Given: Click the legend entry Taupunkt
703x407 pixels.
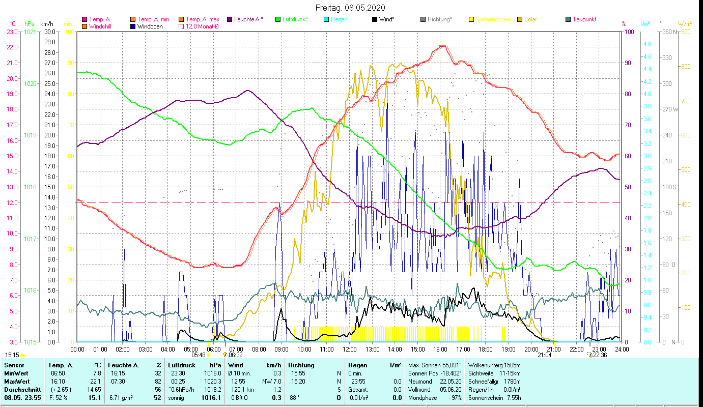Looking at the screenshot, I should tap(584, 19).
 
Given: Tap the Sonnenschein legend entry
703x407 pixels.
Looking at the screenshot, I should tap(492, 19).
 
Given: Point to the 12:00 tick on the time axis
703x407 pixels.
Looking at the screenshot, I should tap(349, 350).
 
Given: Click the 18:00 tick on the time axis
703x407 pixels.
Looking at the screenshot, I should tap(485, 350).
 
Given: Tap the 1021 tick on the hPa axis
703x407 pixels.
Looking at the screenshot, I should tap(31, 32).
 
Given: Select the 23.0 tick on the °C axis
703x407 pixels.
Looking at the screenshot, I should tap(12, 32).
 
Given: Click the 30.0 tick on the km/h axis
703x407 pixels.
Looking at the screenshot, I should tap(50, 32).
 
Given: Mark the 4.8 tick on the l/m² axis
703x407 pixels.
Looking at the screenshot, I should tap(647, 44).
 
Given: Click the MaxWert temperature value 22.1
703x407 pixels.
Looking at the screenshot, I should tap(97, 381).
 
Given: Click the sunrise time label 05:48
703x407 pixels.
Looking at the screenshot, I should tap(198, 355).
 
